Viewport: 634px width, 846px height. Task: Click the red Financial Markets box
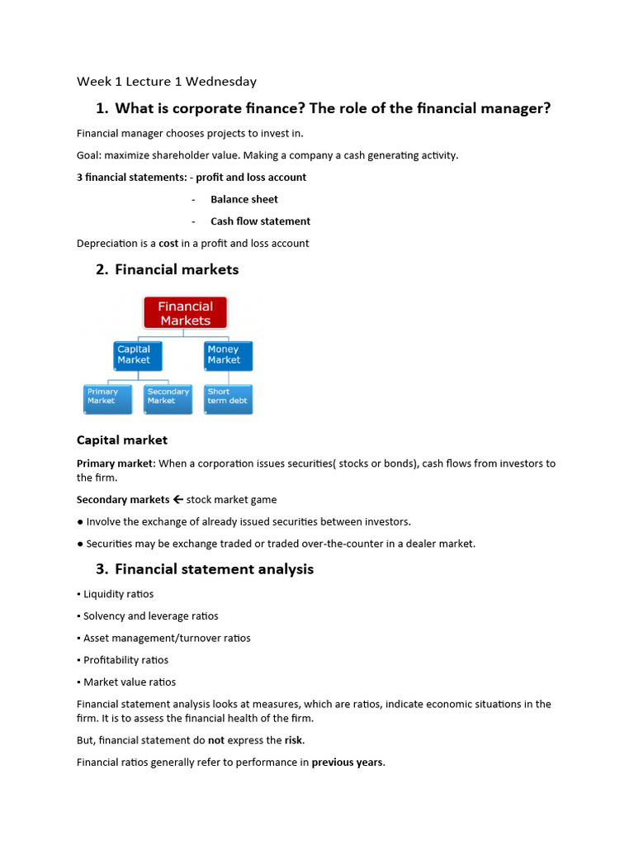click(x=185, y=313)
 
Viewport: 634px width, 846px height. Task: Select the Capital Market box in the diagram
click(x=137, y=354)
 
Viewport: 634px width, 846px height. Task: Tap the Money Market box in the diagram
click(x=228, y=354)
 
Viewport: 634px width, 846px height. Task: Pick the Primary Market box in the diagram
click(x=107, y=397)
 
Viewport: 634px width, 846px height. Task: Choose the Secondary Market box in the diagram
click(x=168, y=397)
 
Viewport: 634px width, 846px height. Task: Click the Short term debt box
click(x=228, y=397)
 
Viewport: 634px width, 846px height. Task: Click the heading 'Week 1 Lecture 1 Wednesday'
click(x=167, y=81)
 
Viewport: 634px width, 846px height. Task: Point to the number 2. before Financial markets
click(x=102, y=269)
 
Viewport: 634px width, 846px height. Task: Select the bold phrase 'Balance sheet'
click(x=244, y=199)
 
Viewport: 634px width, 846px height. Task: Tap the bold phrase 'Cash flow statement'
click(x=260, y=221)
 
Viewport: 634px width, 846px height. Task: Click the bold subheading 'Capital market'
click(x=122, y=440)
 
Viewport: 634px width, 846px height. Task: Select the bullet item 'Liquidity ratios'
click(x=118, y=594)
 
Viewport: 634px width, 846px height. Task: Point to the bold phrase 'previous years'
click(x=347, y=763)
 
